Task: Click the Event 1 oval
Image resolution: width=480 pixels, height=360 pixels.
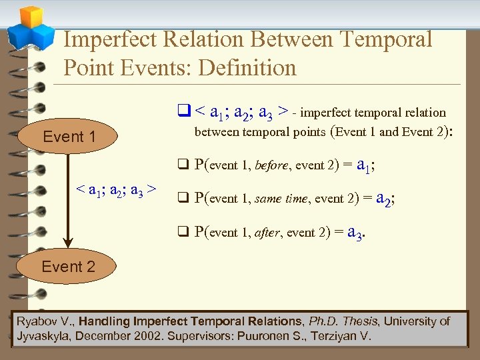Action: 69,137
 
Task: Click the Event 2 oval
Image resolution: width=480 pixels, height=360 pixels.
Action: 68,267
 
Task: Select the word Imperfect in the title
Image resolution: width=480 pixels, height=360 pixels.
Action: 109,39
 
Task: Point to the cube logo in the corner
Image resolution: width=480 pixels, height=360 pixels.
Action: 29,26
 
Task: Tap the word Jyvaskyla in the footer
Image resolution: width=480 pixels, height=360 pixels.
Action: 42,335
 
